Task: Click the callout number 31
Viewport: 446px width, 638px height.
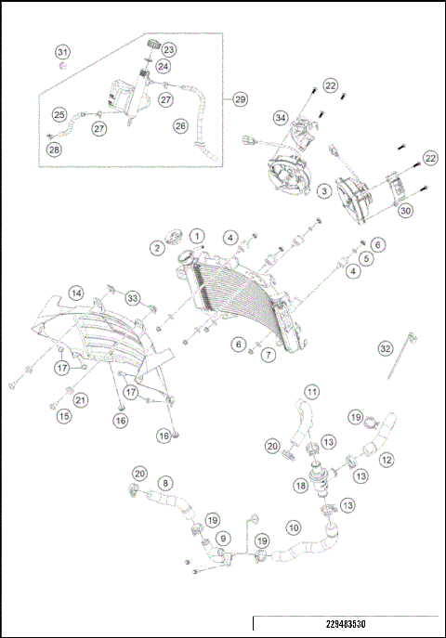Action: point(62,52)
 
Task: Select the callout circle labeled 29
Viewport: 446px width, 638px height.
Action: point(240,99)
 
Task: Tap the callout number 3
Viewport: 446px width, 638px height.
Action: point(324,191)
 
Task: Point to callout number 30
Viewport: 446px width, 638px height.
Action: point(405,211)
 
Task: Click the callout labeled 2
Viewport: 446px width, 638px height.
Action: point(157,248)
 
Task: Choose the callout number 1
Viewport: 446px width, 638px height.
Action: point(197,236)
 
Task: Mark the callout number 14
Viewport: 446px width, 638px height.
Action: point(76,293)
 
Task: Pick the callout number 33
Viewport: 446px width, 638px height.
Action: point(133,298)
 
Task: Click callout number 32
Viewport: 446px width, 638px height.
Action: point(385,348)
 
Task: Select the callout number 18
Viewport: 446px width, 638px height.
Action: point(301,486)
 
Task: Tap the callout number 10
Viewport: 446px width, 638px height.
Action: point(294,528)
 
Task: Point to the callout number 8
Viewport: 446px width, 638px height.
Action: point(165,484)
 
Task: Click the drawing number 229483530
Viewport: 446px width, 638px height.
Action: point(346,624)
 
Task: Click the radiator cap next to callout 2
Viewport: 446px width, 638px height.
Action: point(174,236)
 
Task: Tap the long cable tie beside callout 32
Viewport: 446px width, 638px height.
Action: point(401,355)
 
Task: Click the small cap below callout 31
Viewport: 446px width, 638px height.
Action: point(62,66)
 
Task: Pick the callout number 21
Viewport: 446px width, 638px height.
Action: point(81,400)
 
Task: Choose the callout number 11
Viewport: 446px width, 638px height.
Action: point(311,392)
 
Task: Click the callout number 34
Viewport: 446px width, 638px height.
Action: point(281,118)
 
